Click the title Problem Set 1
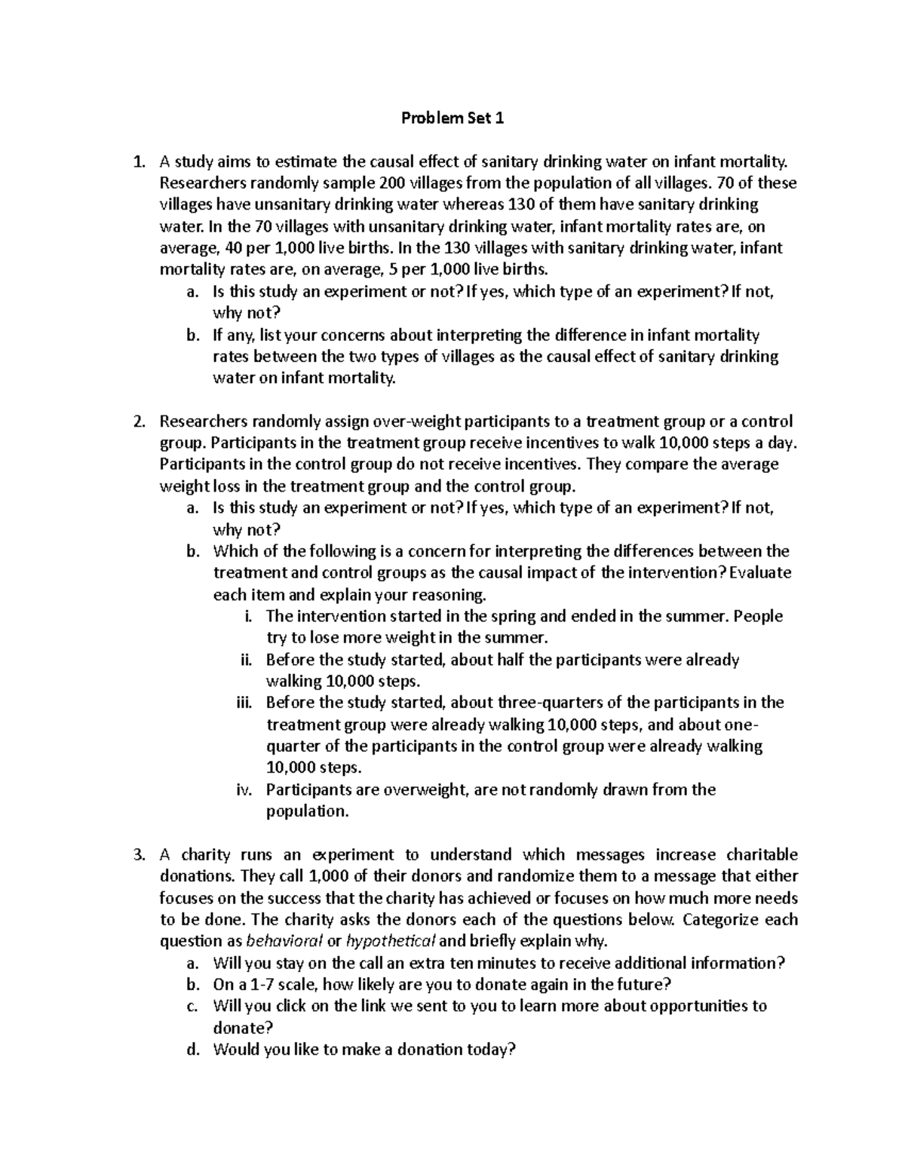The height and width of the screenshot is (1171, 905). click(x=451, y=118)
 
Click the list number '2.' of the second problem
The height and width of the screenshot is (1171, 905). click(x=137, y=421)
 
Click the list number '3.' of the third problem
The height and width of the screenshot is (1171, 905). click(x=137, y=855)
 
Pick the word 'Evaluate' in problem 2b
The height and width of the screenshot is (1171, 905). click(x=762, y=572)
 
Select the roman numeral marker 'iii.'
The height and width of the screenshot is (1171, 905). click(x=243, y=703)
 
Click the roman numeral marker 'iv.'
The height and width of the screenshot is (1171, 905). click(x=244, y=790)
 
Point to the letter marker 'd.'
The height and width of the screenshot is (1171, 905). click(x=192, y=1050)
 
